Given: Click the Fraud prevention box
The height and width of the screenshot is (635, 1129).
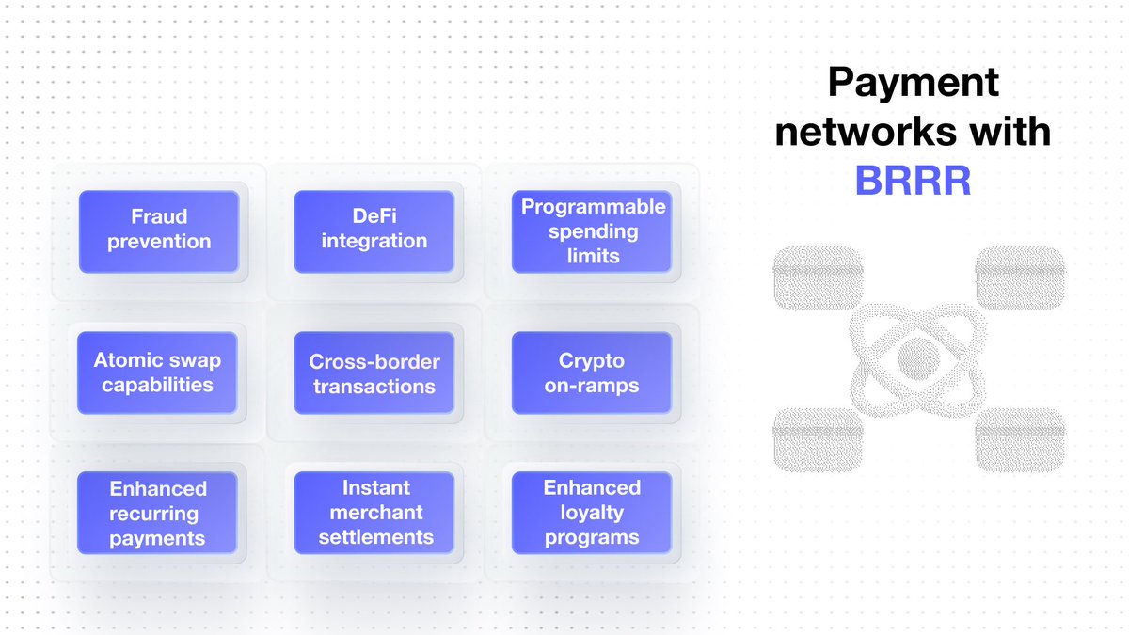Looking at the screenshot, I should tap(159, 231).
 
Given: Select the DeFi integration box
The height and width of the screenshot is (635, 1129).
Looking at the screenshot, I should tap(374, 231).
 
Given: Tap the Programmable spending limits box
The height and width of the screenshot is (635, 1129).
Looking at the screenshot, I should tap(592, 231).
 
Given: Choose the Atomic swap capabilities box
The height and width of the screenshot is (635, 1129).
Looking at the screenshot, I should tap(157, 373).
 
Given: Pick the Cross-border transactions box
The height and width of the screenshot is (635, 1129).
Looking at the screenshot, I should tap(374, 373).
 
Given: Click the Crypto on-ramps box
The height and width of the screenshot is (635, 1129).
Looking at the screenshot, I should tap(592, 373).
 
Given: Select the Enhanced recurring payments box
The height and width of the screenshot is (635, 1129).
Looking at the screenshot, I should tap(157, 513).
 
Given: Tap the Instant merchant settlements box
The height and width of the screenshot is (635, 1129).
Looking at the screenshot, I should tap(374, 513).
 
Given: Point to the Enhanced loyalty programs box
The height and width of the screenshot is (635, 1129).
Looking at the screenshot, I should tap(592, 513).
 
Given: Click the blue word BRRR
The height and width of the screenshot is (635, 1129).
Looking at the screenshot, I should tap(913, 181).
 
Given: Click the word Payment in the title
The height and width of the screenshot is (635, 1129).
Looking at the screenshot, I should tap(913, 85).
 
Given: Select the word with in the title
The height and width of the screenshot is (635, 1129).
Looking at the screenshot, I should tap(1011, 133).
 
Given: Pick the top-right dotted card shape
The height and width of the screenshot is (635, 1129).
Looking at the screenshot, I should tap(1020, 279).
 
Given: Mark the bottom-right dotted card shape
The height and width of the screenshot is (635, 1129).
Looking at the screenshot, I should tap(1020, 439).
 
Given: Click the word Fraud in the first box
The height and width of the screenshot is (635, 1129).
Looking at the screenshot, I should tap(159, 217).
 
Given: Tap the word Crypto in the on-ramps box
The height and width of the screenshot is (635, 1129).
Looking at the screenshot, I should tap(592, 360).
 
